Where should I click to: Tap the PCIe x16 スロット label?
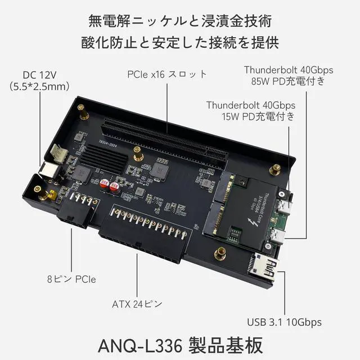point(166,74)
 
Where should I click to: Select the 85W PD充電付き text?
point(289,81)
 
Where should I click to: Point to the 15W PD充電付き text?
point(258,116)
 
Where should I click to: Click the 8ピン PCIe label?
point(71,278)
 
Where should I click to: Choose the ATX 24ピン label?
point(137,304)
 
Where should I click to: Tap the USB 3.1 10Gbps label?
point(284,322)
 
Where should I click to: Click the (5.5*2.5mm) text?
point(39,86)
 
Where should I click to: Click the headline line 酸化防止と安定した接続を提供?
point(180,43)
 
